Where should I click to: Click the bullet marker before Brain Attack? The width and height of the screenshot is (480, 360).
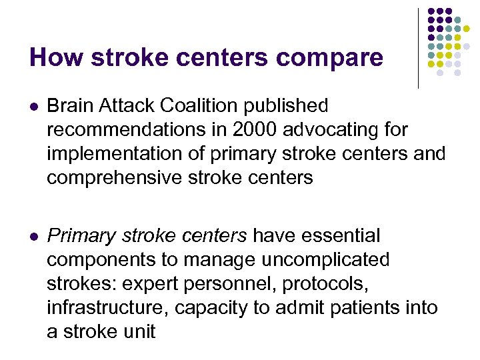34,106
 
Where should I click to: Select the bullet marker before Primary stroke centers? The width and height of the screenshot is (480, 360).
34,236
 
